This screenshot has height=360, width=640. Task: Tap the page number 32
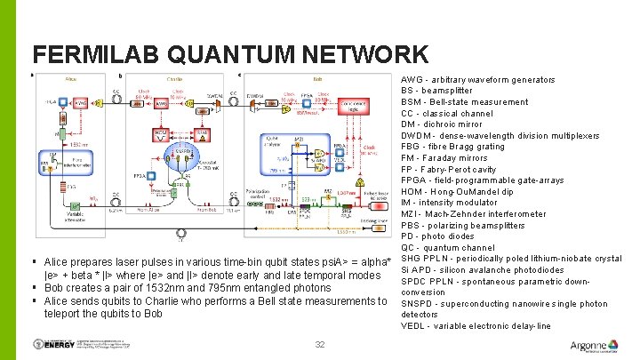coord(320,345)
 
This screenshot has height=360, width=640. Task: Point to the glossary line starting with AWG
coord(478,80)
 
